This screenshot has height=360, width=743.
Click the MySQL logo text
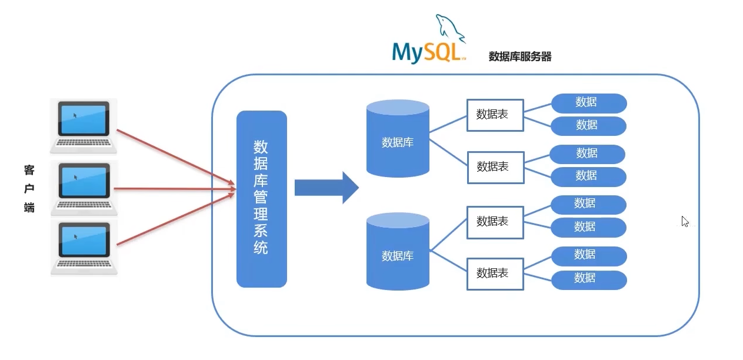[x=427, y=52]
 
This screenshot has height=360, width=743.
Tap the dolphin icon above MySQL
[x=449, y=28]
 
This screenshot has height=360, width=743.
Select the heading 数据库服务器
[x=520, y=57]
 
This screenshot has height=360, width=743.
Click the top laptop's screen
[x=83, y=118]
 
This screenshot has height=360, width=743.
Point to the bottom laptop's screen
[x=84, y=240]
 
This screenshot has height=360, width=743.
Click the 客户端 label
[x=29, y=189]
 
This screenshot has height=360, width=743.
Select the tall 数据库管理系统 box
[x=261, y=199]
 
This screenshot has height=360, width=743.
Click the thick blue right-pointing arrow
[x=326, y=188]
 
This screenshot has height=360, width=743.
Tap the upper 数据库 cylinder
[x=398, y=139]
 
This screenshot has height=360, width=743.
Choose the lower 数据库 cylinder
[x=398, y=252]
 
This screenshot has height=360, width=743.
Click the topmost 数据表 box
[x=495, y=115]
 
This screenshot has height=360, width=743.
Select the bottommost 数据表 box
[x=495, y=273]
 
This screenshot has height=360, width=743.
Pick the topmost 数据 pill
[x=588, y=103]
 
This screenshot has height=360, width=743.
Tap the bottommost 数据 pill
[x=588, y=279]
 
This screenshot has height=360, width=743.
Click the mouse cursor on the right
[x=685, y=221]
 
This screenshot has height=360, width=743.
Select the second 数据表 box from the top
[x=495, y=166]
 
